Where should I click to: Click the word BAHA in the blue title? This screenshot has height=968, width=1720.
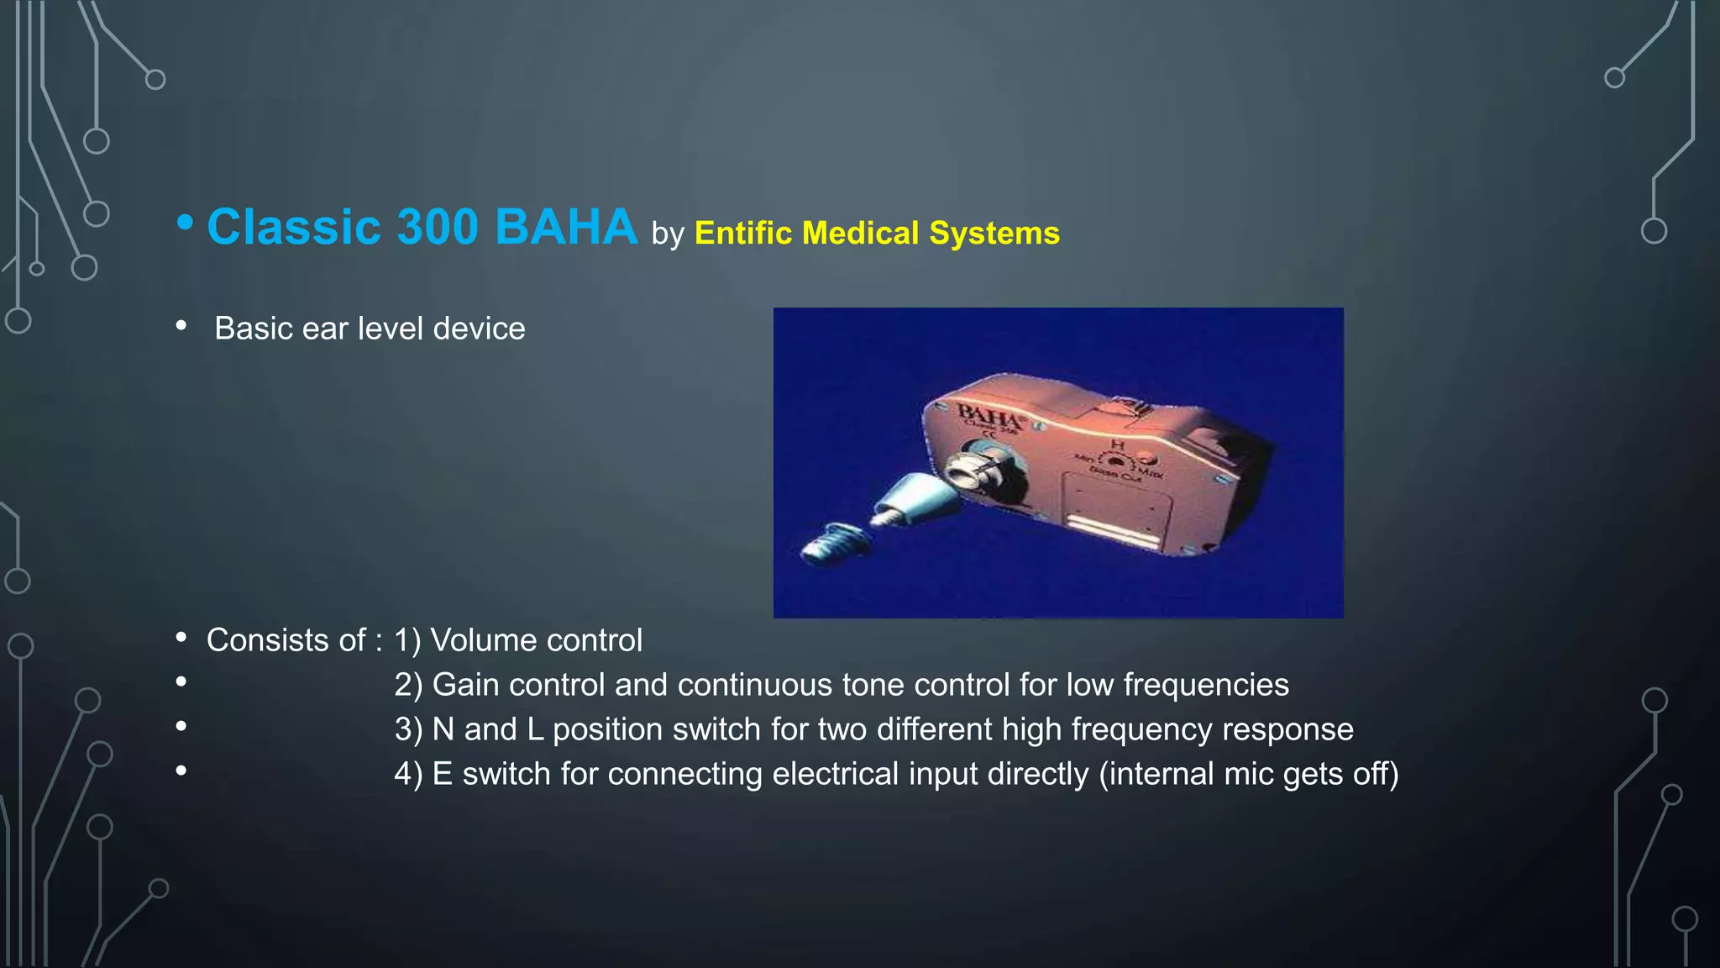pyautogui.click(x=566, y=228)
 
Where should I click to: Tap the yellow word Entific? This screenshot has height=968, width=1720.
pyautogui.click(x=742, y=234)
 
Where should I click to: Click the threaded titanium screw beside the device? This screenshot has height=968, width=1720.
pyautogui.click(x=827, y=542)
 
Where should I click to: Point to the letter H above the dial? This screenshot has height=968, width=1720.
pyautogui.click(x=1117, y=444)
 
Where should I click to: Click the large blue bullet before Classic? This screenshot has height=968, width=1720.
pyautogui.click(x=185, y=224)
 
